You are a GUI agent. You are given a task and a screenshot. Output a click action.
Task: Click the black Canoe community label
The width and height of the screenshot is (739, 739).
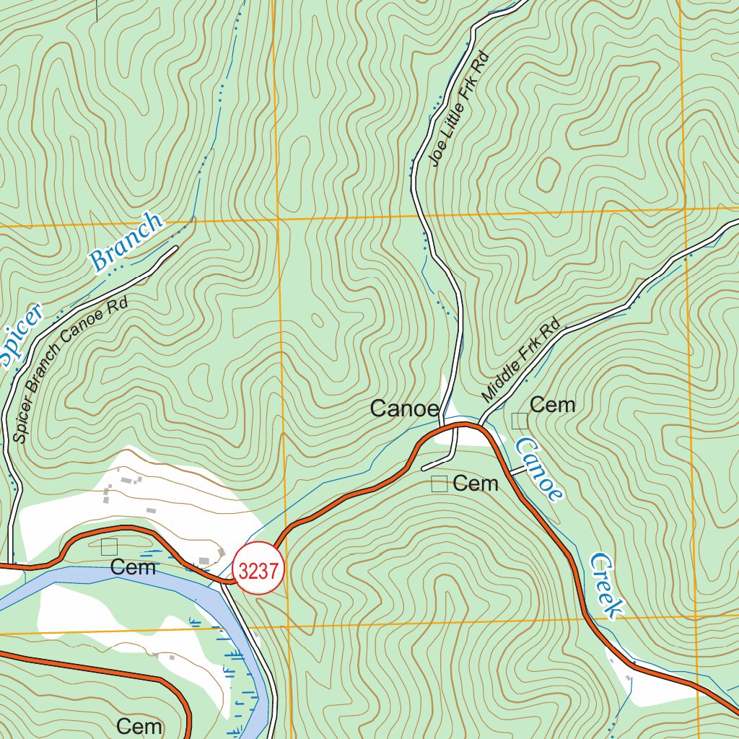pos(404,409)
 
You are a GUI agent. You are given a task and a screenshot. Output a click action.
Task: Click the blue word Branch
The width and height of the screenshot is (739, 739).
pos(127,242)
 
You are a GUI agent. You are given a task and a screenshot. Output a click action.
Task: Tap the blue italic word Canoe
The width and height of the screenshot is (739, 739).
pos(538,470)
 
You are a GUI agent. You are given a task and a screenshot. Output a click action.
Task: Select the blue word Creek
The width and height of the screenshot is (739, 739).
pos(605,586)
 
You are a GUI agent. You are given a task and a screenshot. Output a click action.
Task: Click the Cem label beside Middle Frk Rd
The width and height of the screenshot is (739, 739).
pos(552,405)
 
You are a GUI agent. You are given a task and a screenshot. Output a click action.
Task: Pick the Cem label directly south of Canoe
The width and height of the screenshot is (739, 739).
pos(476,484)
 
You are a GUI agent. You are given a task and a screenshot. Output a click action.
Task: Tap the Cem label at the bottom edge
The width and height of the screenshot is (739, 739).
pos(139,725)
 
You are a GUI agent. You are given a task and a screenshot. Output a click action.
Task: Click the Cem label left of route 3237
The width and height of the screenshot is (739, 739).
pos(134,568)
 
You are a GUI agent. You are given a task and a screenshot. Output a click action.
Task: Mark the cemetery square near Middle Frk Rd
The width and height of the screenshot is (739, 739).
pos(520,421)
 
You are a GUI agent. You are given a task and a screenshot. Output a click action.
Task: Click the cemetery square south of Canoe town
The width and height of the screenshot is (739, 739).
pos(439,484)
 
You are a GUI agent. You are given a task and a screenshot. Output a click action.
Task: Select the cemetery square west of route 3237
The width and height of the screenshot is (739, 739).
pos(109,546)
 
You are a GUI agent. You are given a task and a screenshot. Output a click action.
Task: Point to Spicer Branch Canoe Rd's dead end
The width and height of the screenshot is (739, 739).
pos(175,248)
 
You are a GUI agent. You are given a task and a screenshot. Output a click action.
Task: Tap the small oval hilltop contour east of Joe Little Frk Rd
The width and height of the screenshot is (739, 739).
pos(548,172)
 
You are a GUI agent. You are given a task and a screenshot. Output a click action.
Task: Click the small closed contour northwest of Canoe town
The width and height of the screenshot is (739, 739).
pos(316,320)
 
